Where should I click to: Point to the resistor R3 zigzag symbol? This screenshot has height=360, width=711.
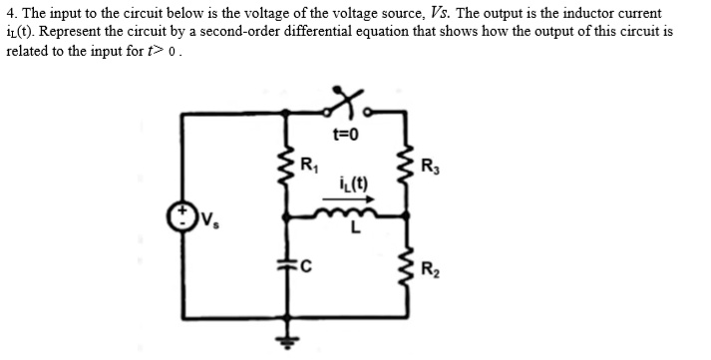click(x=406, y=170)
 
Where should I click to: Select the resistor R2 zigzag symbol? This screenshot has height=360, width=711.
click(x=406, y=267)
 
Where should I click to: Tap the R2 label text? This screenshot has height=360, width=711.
click(x=430, y=268)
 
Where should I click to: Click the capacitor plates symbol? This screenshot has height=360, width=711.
click(x=291, y=266)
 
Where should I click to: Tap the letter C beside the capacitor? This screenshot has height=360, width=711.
click(x=306, y=266)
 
